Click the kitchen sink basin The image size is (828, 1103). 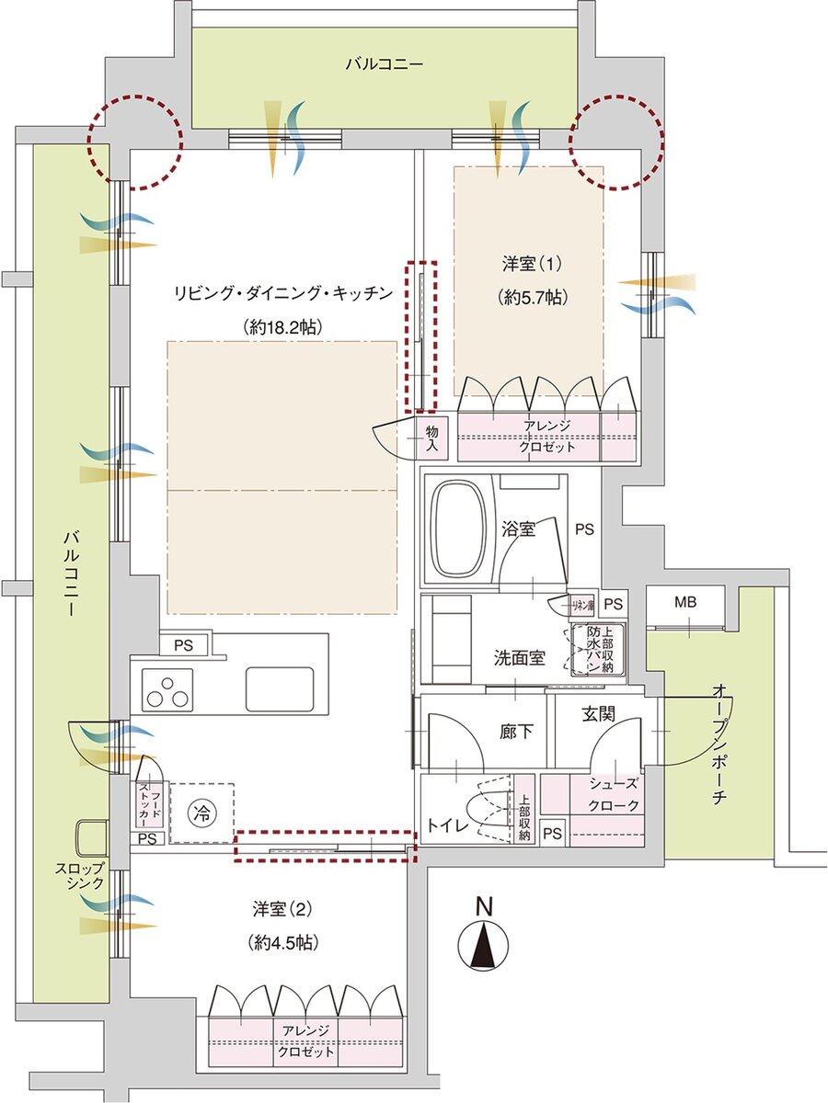pyautogui.click(x=280, y=688)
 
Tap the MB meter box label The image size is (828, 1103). pyautogui.click(x=685, y=603)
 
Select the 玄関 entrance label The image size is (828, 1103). pyautogui.click(x=599, y=712)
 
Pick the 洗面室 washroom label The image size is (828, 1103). pyautogui.click(x=521, y=658)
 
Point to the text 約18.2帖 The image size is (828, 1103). pyautogui.click(x=282, y=325)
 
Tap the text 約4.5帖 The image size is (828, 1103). pyautogui.click(x=276, y=942)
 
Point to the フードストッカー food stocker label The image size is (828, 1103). pyautogui.click(x=149, y=802)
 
